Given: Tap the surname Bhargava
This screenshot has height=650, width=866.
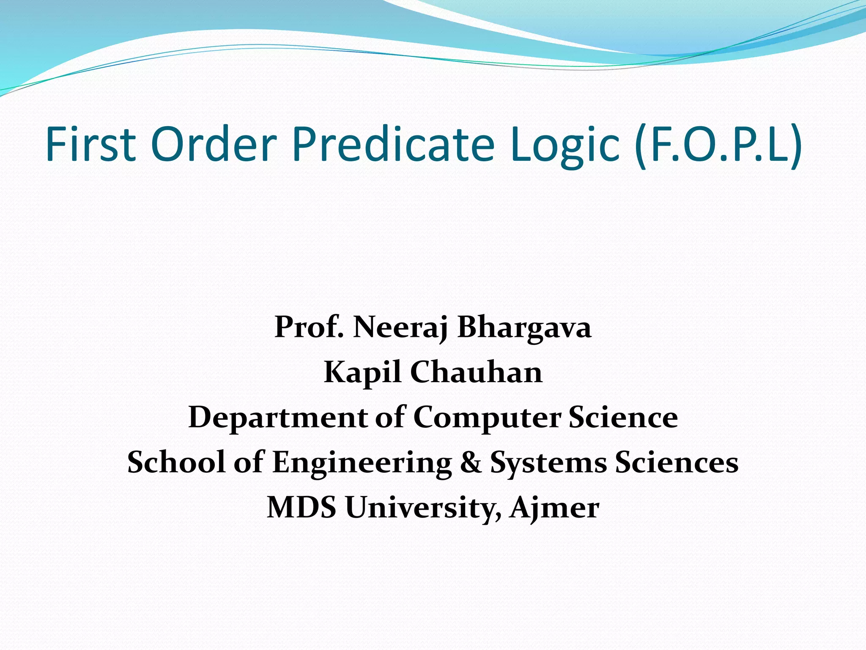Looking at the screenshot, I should (524, 328).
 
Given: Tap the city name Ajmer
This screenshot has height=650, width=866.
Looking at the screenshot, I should (554, 508).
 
